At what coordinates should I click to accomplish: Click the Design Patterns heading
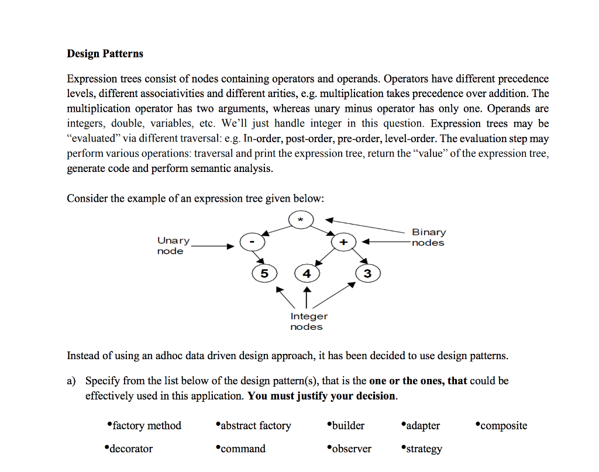(x=105, y=54)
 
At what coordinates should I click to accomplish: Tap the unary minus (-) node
(x=252, y=241)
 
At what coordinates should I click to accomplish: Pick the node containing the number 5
(x=264, y=273)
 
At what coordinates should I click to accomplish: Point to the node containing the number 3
(x=367, y=273)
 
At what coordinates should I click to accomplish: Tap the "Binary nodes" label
(x=428, y=237)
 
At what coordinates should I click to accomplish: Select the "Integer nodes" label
(x=308, y=321)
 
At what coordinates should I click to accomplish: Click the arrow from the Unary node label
(x=213, y=246)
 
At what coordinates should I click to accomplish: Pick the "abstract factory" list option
(x=256, y=426)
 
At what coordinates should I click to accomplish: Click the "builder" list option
(x=348, y=426)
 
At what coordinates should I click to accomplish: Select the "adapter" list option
(x=422, y=426)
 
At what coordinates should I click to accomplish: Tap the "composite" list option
(x=503, y=426)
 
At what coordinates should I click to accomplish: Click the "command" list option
(x=243, y=449)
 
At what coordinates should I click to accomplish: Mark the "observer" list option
(x=352, y=449)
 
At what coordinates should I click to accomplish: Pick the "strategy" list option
(x=424, y=449)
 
